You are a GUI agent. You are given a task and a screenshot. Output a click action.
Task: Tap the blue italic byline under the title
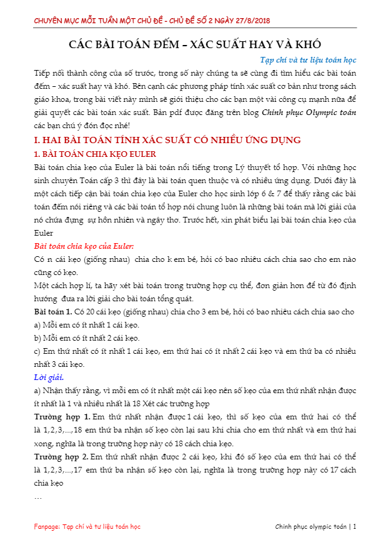click(x=307, y=61)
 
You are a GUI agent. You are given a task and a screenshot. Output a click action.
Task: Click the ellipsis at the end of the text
click(x=38, y=497)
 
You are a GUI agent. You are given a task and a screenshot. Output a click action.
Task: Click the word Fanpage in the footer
click(x=47, y=527)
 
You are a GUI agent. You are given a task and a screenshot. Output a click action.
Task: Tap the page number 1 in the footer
click(x=355, y=527)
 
